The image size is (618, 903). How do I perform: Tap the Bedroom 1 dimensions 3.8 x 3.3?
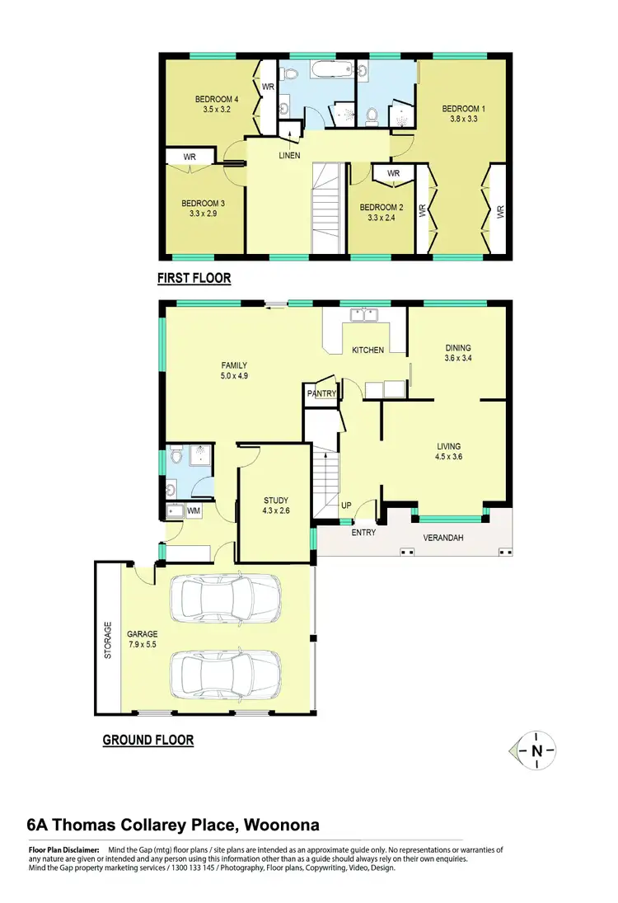(460, 119)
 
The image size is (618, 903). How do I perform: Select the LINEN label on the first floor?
(289, 156)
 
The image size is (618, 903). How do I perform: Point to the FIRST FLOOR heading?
(194, 279)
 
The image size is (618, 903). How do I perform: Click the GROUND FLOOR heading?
(148, 740)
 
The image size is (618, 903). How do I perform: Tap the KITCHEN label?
(368, 350)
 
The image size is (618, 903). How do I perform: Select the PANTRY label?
(321, 394)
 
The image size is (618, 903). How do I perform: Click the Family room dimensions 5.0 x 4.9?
(234, 376)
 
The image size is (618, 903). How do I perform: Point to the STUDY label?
(276, 501)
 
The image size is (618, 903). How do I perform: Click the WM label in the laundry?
(194, 511)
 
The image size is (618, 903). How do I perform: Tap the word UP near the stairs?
(346, 505)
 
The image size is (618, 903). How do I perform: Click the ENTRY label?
(363, 533)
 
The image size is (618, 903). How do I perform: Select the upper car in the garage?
(225, 600)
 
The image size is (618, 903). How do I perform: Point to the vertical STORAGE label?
(106, 639)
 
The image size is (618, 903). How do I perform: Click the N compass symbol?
(537, 750)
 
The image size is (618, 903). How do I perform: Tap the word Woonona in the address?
(278, 825)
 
